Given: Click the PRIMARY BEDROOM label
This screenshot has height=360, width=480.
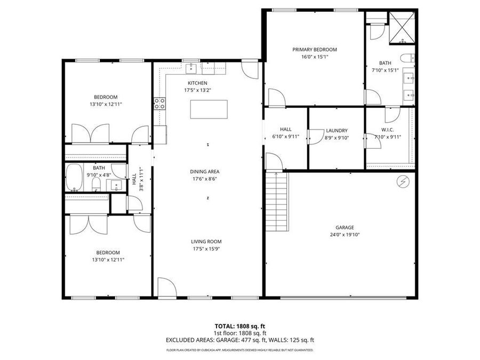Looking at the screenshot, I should coord(315,50).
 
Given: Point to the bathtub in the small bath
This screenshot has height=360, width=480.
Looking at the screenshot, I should coord(74,178).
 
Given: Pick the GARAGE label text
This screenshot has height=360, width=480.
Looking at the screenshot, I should coord(345,227).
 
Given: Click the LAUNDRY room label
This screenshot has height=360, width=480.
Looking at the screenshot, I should coord(336,130).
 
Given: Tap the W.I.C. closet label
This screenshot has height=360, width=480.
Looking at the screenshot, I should coord(387,130).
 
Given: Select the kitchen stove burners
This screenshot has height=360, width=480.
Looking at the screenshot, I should coord(159,102).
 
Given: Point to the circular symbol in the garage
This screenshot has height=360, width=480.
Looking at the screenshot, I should coord(404,182).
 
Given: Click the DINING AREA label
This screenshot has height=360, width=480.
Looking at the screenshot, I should coord(205,172).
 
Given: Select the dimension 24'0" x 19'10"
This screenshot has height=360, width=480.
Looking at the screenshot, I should coord(345,234).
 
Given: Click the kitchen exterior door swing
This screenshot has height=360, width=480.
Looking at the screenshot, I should coord(250,70).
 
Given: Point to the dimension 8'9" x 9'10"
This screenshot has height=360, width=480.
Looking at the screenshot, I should coord(336,137).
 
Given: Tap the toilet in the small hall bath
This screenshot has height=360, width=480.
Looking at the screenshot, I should coord(97,184).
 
